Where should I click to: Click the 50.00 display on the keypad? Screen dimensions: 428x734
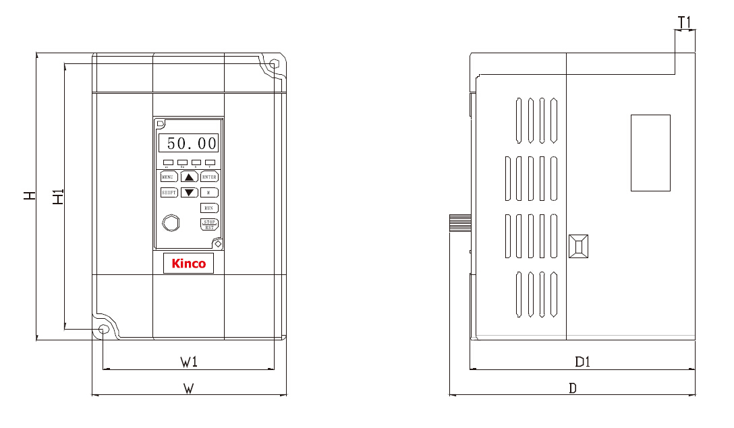188,143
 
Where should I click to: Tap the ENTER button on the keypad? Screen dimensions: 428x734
209,177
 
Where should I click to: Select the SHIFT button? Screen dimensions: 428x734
169,193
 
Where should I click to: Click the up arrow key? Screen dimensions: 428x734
190,177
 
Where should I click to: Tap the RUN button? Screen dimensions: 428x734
209,208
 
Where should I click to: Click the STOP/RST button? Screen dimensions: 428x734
209,224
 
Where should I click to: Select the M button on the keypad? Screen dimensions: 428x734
209,193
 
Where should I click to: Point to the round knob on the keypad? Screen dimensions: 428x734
171,223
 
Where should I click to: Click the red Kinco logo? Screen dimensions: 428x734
189,264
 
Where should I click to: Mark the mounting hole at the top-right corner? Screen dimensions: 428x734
273,65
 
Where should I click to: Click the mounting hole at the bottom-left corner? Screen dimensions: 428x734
103,329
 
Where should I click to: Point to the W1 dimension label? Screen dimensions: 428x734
189,363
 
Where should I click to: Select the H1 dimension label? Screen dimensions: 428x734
59,197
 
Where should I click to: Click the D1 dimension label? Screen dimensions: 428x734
583,363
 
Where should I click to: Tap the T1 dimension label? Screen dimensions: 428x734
685,23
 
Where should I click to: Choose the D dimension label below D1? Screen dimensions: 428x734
573,389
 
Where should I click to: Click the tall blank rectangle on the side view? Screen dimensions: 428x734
650,153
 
